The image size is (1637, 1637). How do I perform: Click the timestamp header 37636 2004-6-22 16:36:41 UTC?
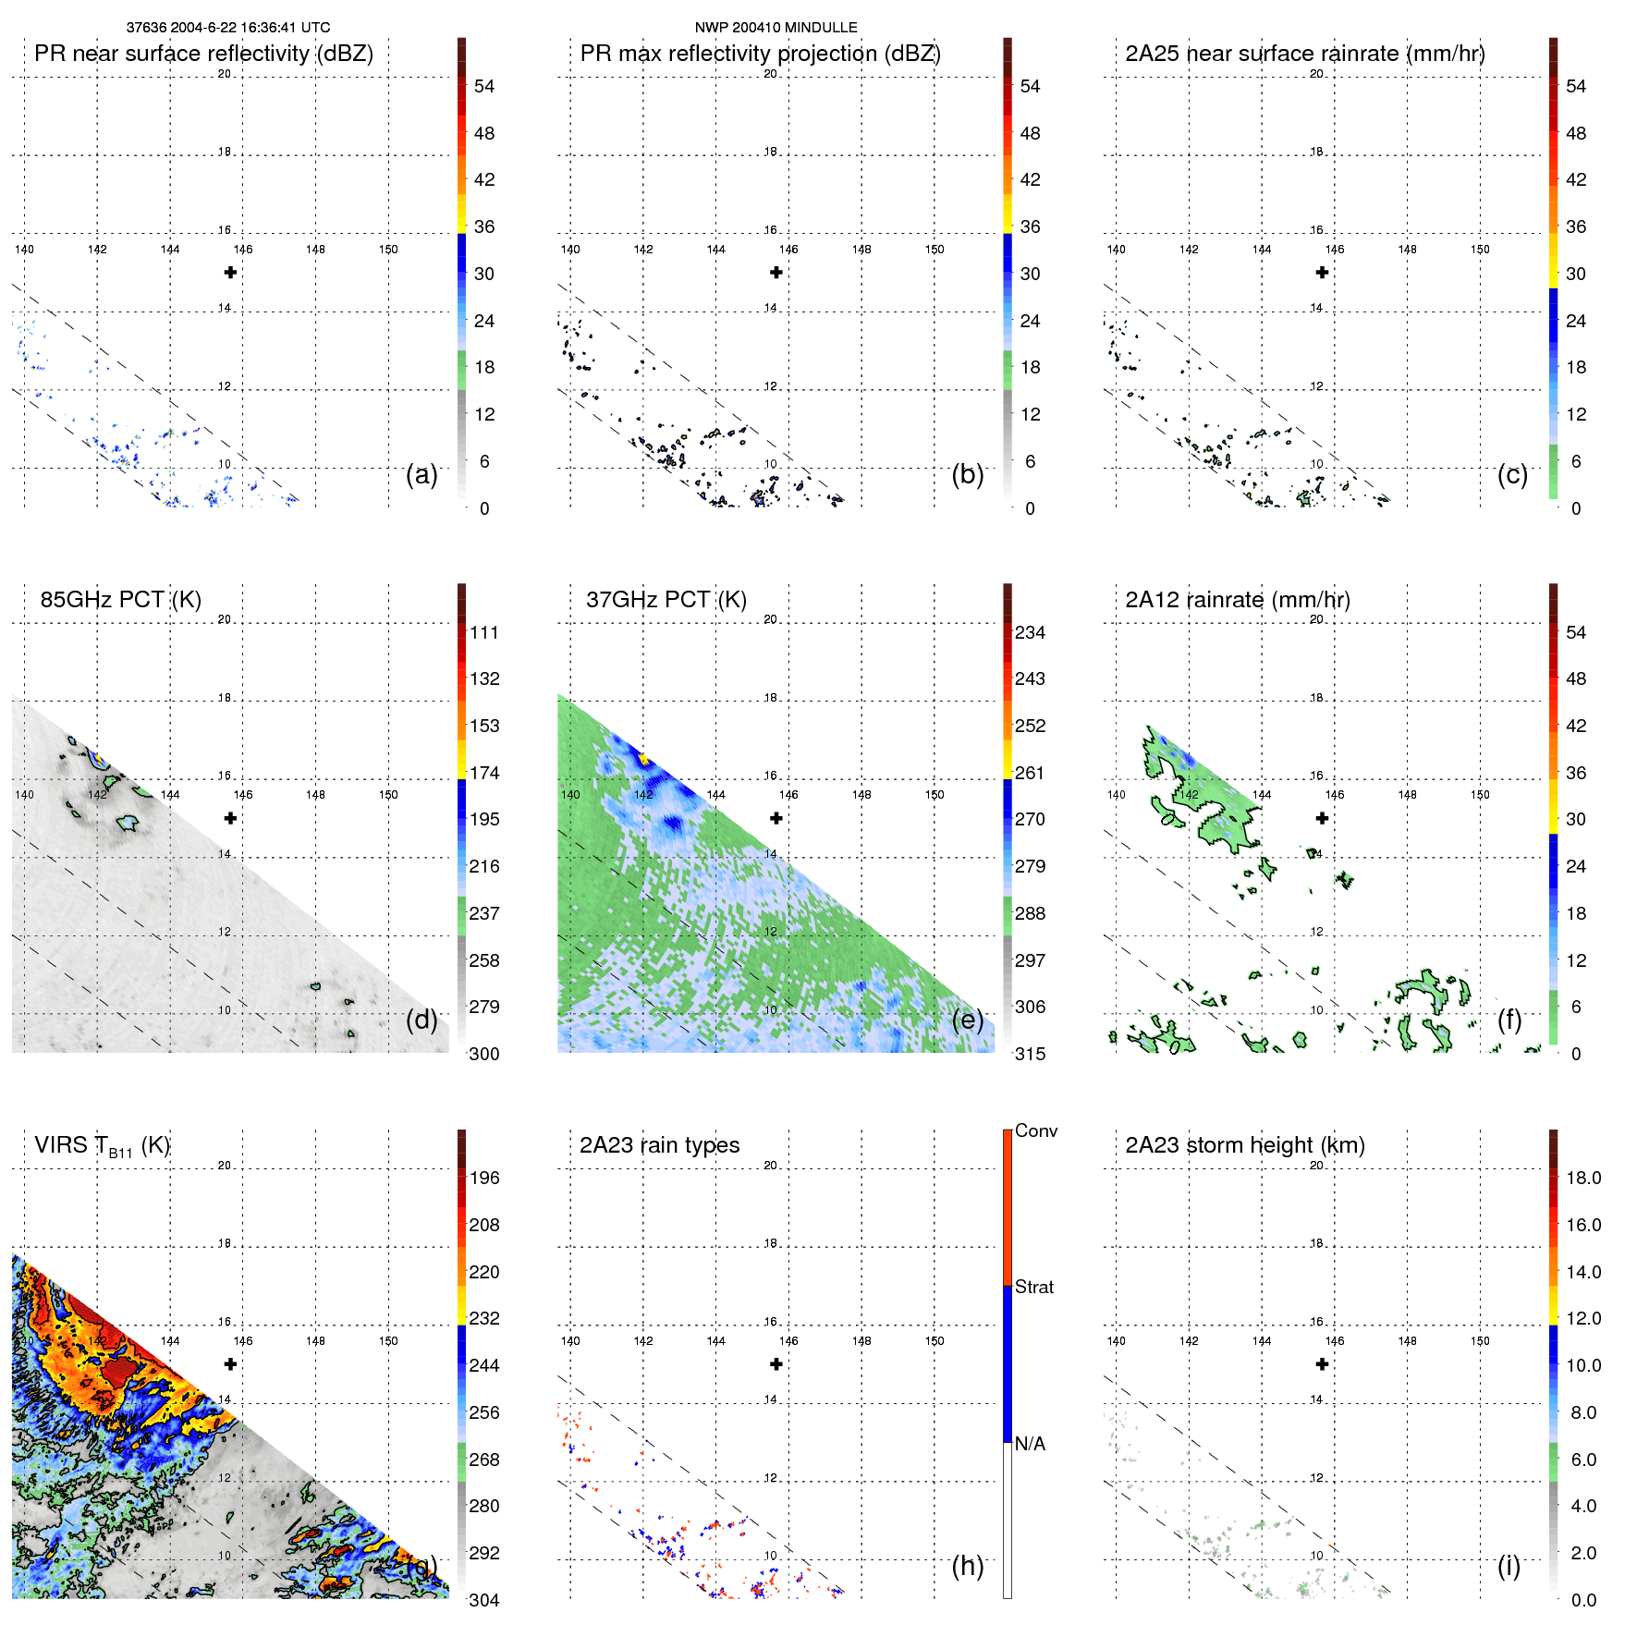click(227, 28)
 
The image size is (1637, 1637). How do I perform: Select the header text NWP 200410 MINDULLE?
click(776, 28)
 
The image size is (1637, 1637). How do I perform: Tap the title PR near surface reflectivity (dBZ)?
click(203, 54)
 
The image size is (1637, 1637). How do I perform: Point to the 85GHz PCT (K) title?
click(120, 600)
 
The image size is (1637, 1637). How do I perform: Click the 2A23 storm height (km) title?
click(1244, 1145)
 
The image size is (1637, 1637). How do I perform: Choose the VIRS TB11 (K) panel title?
click(102, 1146)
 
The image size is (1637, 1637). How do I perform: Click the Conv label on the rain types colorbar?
click(1035, 1130)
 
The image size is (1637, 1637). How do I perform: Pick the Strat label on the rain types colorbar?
click(1033, 1287)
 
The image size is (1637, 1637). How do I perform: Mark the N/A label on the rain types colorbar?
click(1030, 1444)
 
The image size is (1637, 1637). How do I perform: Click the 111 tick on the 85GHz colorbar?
click(483, 632)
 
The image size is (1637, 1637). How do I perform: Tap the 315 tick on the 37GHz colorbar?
click(1030, 1054)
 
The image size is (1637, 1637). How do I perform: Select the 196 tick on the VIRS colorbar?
click(483, 1178)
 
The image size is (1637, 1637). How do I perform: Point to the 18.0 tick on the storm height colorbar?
click(1582, 1178)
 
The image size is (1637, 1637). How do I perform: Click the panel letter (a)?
click(421, 474)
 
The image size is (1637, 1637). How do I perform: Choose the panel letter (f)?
click(1509, 1020)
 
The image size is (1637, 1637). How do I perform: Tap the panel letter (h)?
click(967, 1565)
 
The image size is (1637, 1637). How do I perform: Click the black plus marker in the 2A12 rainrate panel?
click(1322, 818)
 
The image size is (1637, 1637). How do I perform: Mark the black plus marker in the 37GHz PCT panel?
click(776, 818)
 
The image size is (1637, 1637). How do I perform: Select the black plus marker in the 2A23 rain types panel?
click(776, 1363)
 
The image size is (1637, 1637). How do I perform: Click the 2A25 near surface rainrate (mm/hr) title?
click(1304, 54)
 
